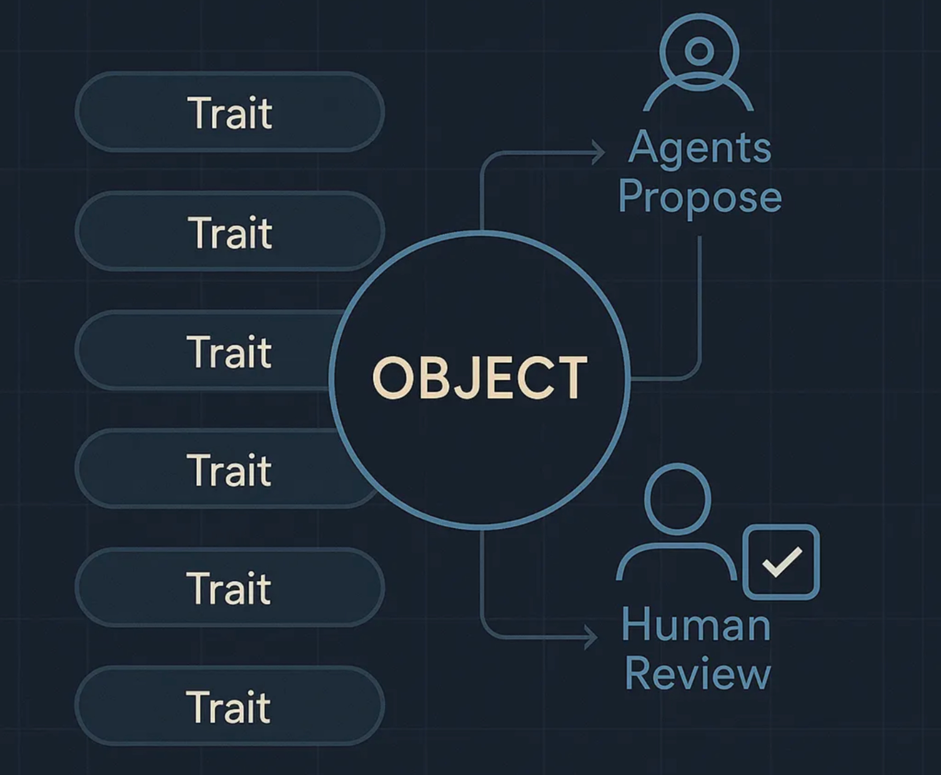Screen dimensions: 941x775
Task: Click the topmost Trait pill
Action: coord(230,112)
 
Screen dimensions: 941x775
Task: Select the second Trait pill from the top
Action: coord(230,232)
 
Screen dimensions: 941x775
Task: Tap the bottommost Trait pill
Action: coord(230,706)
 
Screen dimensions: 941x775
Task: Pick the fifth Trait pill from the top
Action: coord(230,588)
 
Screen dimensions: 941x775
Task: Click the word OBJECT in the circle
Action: coord(480,378)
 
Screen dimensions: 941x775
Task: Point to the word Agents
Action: coord(699,148)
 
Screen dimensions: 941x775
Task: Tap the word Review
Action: coord(697,674)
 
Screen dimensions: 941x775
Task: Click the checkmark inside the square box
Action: coord(782,561)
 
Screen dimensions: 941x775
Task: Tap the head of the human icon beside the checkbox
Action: coord(678,499)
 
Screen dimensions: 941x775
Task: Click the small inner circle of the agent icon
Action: coord(699,51)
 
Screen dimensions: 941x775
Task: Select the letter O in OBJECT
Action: coord(392,378)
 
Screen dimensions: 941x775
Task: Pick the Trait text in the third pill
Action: coord(230,351)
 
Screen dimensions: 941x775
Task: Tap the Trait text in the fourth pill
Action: coord(230,470)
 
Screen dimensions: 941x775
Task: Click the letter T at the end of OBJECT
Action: coord(571,378)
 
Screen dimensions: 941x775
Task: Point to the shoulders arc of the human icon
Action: coord(677,552)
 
